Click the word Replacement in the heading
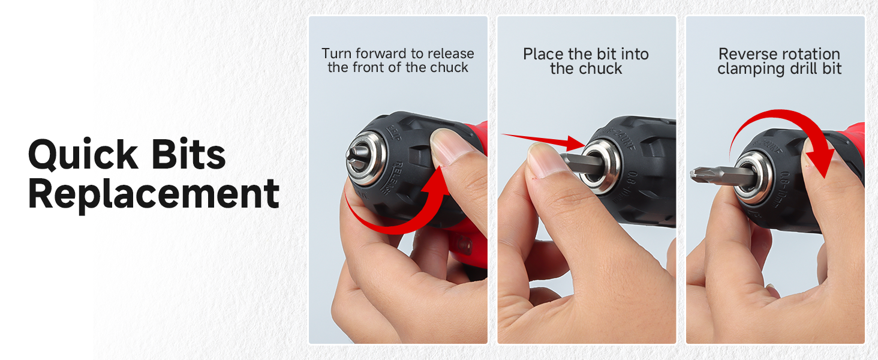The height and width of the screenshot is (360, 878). pyautogui.click(x=154, y=193)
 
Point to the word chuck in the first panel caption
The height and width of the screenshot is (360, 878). pyautogui.click(x=449, y=68)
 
